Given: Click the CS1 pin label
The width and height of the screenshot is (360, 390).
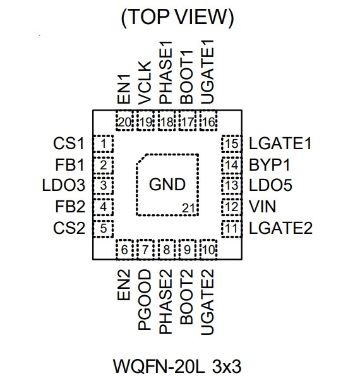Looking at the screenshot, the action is [x=69, y=143].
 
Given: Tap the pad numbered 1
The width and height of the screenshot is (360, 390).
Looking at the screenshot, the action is [x=103, y=143].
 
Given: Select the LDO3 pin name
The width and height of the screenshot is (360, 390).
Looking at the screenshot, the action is [x=64, y=186].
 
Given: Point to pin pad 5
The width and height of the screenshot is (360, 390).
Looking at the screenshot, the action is [x=103, y=228].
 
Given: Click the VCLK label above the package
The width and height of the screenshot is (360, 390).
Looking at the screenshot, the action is [x=145, y=83].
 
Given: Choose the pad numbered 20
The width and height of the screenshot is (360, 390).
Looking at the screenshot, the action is [x=124, y=121].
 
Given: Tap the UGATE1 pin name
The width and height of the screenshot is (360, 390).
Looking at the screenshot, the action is [x=207, y=72].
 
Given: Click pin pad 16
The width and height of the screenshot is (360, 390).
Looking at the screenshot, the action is [x=208, y=121].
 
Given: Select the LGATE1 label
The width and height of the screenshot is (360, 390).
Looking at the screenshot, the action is [x=280, y=143].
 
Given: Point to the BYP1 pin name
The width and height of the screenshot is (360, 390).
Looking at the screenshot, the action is [x=270, y=164].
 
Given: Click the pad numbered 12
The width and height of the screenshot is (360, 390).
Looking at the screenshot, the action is [x=231, y=207].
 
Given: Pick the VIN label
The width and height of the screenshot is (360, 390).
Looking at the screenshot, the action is [x=262, y=207].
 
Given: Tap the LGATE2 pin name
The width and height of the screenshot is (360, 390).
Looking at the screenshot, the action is [x=280, y=228].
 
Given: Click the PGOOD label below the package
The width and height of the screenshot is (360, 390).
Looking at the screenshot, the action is [x=145, y=300].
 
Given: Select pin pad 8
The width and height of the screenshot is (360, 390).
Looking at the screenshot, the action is [x=167, y=250].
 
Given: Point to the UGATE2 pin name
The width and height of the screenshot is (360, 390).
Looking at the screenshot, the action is [x=207, y=302].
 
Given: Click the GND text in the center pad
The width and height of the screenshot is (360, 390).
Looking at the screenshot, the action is [x=167, y=185].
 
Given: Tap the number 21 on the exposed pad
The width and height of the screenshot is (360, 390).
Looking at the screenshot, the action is [x=188, y=209].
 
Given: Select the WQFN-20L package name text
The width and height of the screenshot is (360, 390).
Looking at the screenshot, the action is [x=159, y=367].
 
